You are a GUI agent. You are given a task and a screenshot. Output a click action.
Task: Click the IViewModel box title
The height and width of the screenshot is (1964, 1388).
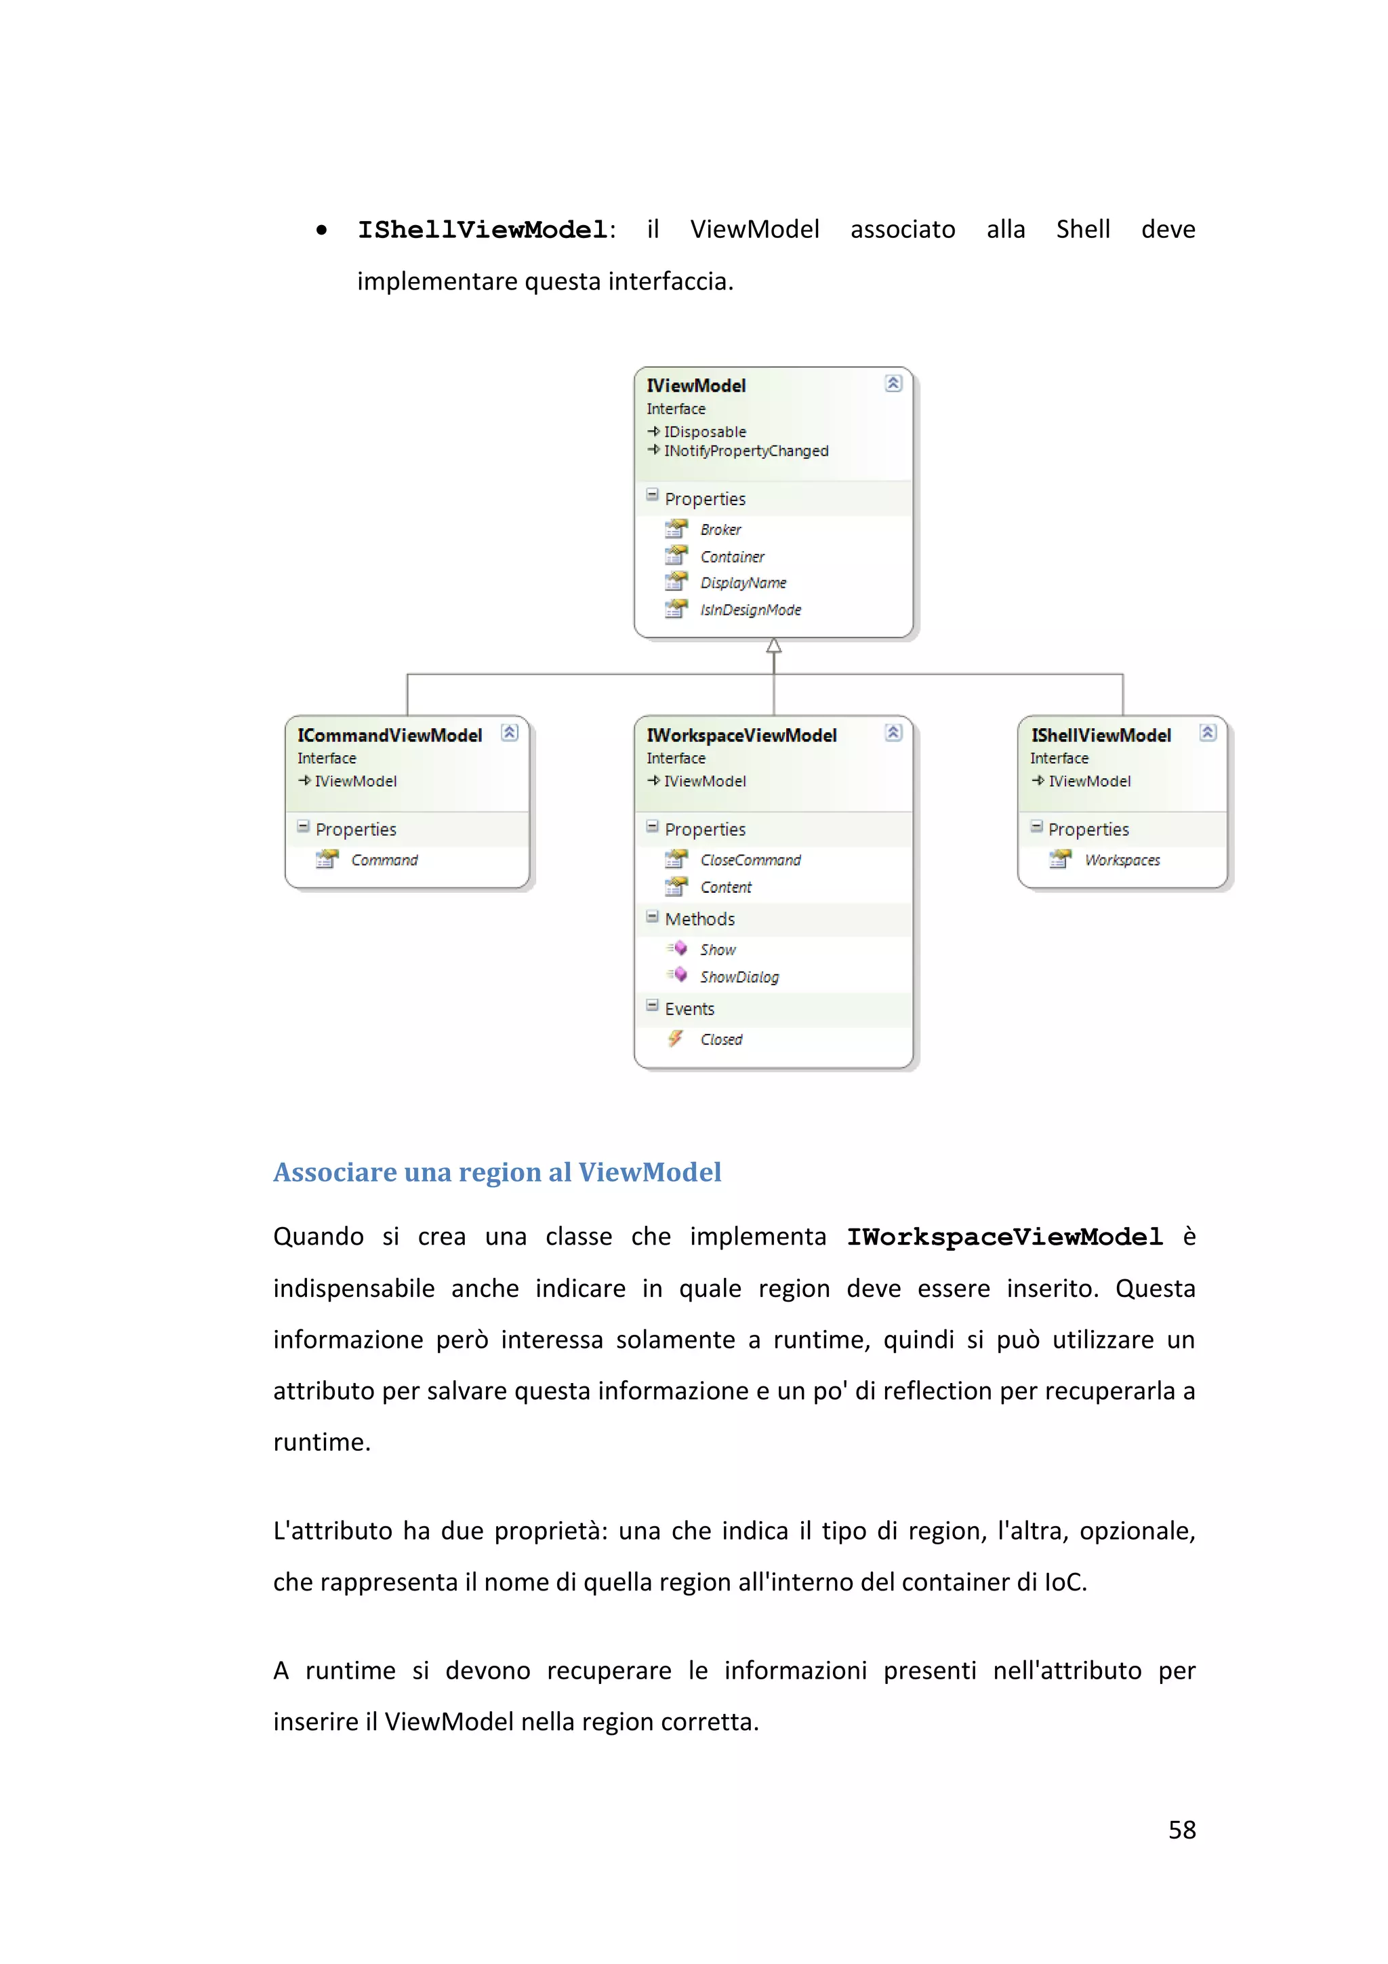point(695,386)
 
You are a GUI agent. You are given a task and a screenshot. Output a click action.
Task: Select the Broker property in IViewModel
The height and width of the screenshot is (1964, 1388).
point(720,529)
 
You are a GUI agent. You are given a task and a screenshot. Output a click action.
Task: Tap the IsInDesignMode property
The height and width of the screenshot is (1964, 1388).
point(750,610)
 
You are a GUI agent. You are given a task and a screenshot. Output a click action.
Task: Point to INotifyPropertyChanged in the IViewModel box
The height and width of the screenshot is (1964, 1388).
point(746,451)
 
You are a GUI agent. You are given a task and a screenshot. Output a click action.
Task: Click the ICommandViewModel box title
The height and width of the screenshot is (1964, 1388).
point(389,736)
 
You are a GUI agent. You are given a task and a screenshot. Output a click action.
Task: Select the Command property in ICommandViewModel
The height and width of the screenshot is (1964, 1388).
point(384,860)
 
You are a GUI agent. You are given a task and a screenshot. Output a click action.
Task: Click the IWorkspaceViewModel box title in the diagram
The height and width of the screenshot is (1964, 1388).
point(741,736)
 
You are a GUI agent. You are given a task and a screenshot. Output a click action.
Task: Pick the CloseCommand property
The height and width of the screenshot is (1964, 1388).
point(750,860)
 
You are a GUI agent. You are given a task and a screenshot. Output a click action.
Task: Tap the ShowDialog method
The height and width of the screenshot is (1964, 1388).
point(739,977)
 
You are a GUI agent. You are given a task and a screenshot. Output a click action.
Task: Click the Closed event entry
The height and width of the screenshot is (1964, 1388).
point(721,1039)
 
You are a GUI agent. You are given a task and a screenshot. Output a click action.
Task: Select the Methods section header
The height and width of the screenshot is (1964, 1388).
point(699,919)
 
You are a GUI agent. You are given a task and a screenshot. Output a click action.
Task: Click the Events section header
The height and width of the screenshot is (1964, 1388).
point(689,1009)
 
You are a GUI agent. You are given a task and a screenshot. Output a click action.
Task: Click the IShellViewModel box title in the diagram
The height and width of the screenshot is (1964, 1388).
point(1100,736)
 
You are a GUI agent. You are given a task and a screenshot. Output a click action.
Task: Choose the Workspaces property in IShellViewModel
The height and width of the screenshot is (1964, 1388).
point(1122,860)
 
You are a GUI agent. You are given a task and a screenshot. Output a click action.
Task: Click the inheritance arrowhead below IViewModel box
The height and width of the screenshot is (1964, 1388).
point(774,646)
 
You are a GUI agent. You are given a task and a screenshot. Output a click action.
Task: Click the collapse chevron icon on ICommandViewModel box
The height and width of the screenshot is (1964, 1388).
point(510,732)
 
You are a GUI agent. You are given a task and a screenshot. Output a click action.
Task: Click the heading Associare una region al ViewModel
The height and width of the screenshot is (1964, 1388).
point(497,1172)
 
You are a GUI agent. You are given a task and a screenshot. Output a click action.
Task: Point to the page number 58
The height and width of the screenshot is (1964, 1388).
point(1182,1830)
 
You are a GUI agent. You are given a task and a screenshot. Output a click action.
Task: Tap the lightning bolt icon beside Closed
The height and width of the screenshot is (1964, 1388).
point(676,1039)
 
